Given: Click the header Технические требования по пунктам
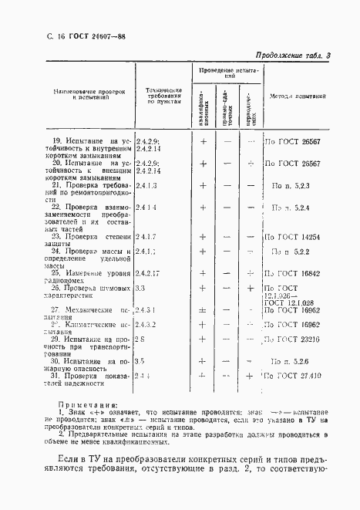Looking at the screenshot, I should (x=164, y=96).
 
